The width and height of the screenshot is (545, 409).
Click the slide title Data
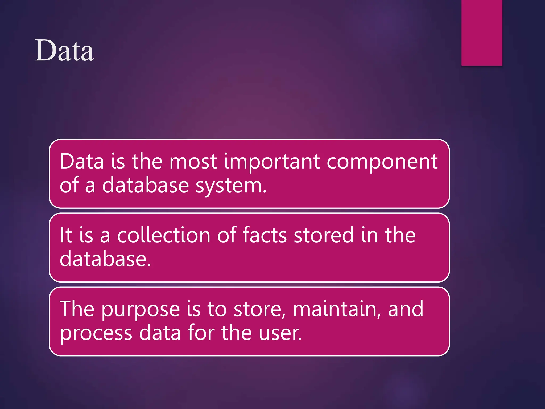pyautogui.click(x=64, y=50)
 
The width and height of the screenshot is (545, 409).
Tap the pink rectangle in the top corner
pyautogui.click(x=482, y=32)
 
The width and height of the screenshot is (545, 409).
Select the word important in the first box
pyautogui.click(x=272, y=162)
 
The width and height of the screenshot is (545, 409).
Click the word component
pyautogui.click(x=382, y=162)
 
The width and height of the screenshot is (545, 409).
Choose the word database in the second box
pyautogui.click(x=105, y=259)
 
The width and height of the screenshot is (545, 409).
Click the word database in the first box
pyautogui.click(x=145, y=185)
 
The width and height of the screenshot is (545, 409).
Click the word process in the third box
pyautogui.click(x=96, y=333)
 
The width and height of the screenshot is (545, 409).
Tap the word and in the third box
pyautogui.click(x=406, y=309)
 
